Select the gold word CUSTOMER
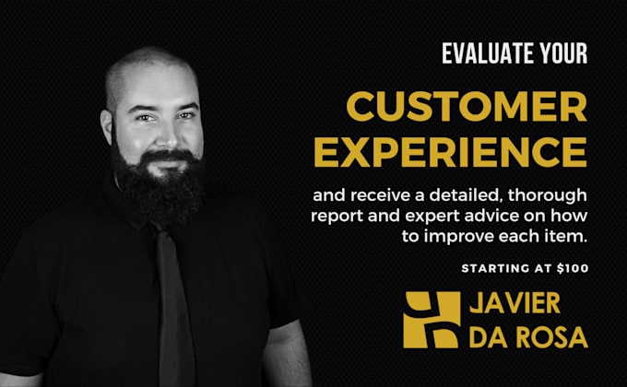(467, 106)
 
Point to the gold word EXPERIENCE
(451, 151)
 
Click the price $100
(573, 268)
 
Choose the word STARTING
(495, 268)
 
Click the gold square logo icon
(432, 320)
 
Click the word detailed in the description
(466, 195)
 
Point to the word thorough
(548, 196)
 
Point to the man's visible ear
(106, 127)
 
